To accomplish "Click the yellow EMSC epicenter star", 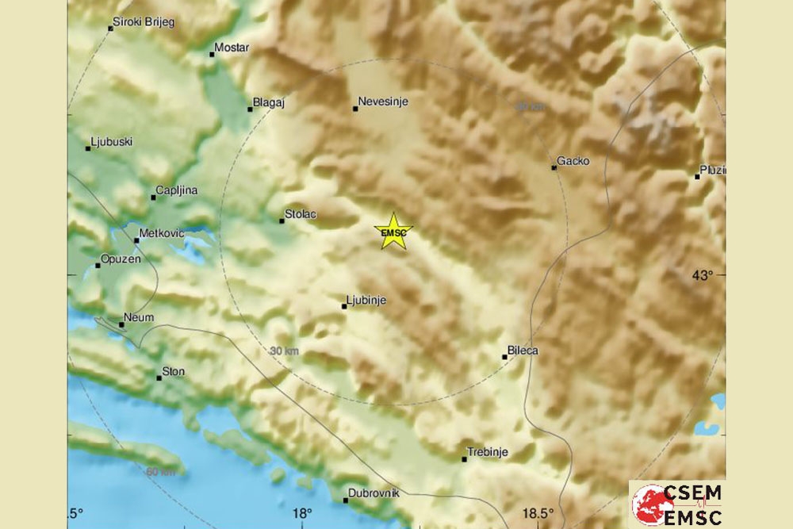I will coord(393,232).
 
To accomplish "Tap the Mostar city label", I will coord(232,48).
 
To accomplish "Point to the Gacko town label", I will coord(573,161).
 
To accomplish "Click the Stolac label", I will coord(301,214).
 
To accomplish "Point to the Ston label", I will coord(173,371).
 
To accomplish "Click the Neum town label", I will coord(140,318).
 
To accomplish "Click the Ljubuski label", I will coord(112,142).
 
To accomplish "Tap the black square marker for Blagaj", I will coord(251,109).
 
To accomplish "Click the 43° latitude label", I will coord(703,275).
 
